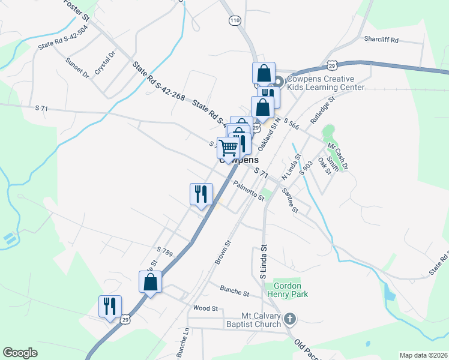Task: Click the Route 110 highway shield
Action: click(x=234, y=20)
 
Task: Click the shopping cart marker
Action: click(x=228, y=146)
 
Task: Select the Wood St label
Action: click(x=205, y=308)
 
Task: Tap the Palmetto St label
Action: click(x=249, y=191)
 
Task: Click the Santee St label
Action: click(x=290, y=200)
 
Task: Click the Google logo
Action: click(x=20, y=353)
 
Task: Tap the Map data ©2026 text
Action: click(x=423, y=355)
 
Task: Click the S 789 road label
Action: click(x=164, y=251)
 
